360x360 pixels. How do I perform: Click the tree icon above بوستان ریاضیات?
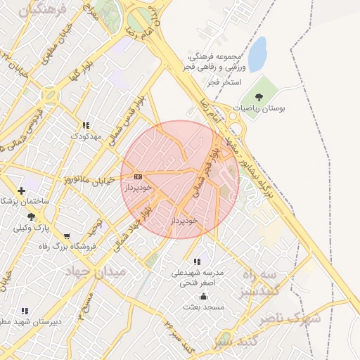259,97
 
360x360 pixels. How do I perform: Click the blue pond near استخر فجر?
257,54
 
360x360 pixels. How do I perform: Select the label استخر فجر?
224,82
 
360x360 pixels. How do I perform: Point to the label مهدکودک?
87,135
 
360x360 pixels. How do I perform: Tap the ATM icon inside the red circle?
138,176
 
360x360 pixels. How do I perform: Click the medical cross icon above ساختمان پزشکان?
22,191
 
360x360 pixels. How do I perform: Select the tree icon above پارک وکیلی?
30,217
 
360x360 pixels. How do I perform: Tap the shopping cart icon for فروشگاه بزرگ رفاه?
66,236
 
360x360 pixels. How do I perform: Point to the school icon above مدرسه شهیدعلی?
196,262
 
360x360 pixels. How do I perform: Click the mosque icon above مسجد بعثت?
204,296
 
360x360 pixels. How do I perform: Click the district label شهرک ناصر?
290,319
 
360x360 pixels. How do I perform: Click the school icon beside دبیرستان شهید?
25,311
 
